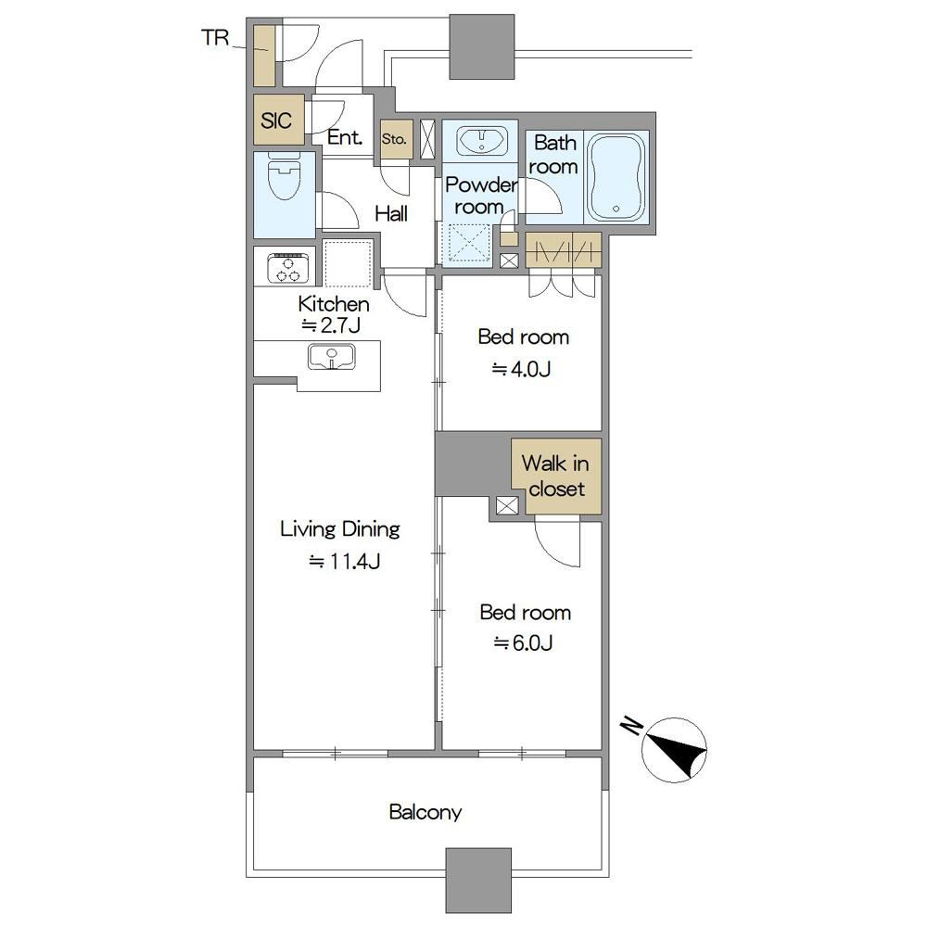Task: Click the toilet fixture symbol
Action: click(285, 175)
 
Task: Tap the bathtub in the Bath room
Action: click(616, 176)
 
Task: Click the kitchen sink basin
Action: click(331, 357)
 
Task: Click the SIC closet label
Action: click(276, 121)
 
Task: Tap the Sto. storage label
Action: click(394, 140)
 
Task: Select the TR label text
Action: click(215, 38)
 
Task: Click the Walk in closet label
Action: click(555, 476)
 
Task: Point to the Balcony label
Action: click(425, 812)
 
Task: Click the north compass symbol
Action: click(674, 750)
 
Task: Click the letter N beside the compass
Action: click(631, 726)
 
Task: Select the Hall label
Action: click(391, 213)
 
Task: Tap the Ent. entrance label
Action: click(345, 138)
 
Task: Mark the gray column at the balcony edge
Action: click(478, 881)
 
